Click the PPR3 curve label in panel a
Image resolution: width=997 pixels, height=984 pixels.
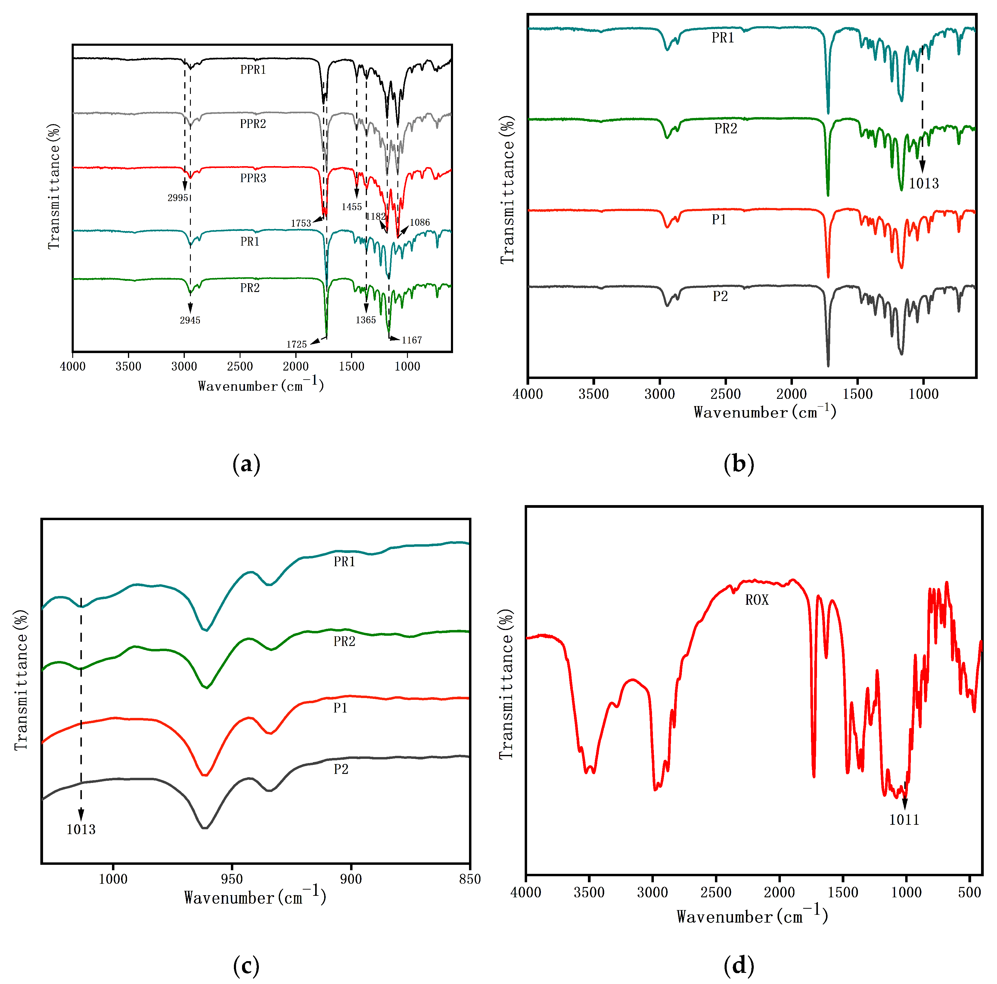tap(253, 178)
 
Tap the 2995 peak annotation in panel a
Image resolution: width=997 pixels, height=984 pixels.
tap(178, 198)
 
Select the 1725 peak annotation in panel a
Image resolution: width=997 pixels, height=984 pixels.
tap(297, 344)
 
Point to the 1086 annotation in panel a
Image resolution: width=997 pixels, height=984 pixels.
tap(420, 222)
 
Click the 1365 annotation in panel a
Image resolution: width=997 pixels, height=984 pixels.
tap(365, 320)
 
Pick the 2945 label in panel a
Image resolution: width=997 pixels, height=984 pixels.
tap(190, 321)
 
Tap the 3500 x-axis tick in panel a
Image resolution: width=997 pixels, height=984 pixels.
tap(129, 366)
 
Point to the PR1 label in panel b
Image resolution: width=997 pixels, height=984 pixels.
tap(722, 38)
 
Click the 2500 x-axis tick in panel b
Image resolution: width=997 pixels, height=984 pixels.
tap(725, 394)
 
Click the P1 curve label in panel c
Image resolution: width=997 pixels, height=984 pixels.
tap(340, 708)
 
